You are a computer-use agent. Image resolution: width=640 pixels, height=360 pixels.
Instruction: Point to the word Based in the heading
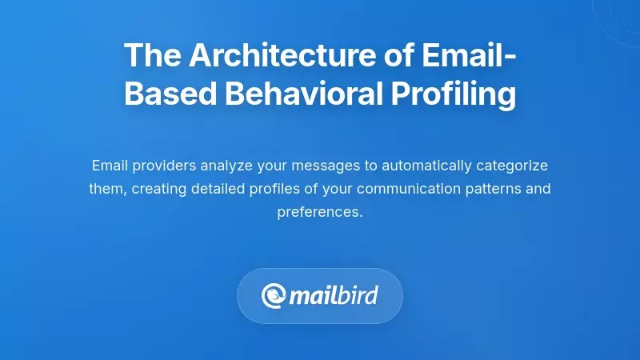coord(169,94)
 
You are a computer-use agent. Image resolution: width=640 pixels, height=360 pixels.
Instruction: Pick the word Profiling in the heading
coord(453,94)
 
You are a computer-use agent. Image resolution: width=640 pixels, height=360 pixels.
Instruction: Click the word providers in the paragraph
coord(166,166)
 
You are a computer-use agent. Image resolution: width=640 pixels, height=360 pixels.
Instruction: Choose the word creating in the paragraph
coord(158,190)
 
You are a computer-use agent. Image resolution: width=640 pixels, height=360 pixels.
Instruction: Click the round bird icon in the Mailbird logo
coord(274,296)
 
